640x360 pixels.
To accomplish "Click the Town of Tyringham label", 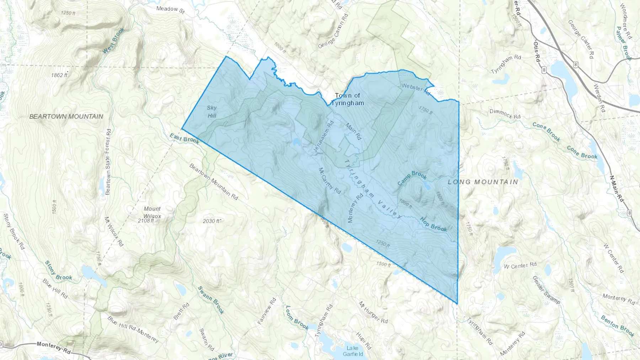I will pos(347,99).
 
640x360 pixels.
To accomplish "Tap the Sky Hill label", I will pos(212,112).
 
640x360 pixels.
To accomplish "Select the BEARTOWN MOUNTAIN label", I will pos(66,117).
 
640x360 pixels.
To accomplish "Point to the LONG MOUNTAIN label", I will pos(483,182).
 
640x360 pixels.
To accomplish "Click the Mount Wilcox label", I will pos(152,212).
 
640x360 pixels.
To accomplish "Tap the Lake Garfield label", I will pos(353,351).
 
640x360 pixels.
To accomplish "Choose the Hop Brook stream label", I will pos(433,224).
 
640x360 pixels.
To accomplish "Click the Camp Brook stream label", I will pos(412,178).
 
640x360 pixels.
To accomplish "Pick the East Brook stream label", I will pos(184,139).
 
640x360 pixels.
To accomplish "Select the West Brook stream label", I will pos(114,41).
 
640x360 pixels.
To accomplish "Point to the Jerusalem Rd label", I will pos(324,137).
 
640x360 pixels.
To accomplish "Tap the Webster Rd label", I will pos(416,89).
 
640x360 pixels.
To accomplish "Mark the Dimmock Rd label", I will pos(505,114).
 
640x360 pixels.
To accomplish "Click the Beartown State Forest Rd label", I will pos(108,162).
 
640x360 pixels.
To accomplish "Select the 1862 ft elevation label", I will pos(59,75).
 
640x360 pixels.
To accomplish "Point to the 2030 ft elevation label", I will pos(212,221).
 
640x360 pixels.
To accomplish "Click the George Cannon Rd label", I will pos(332,31).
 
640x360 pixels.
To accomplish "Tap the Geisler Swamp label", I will pos(546,290).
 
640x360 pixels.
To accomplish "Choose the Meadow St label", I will pos(171,9).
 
